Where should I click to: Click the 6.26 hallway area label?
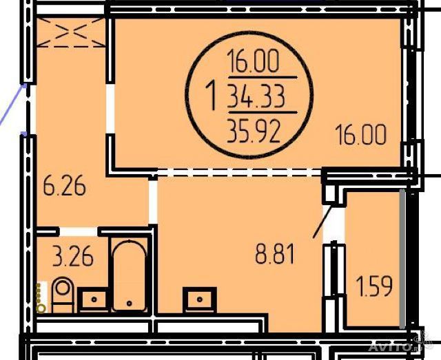click(64, 185)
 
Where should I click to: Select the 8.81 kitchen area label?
click(274, 254)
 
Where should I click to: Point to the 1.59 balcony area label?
click(374, 286)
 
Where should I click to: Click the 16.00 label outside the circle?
click(361, 135)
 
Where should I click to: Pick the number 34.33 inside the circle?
click(256, 97)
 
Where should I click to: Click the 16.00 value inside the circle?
click(254, 61)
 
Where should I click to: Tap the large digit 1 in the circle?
click(212, 95)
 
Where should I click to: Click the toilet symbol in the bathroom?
click(63, 295)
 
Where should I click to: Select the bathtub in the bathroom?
click(130, 275)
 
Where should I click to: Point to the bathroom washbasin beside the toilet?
click(94, 299)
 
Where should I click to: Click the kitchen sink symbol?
click(200, 299)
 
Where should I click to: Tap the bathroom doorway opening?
click(79, 231)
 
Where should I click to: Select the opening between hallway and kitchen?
click(153, 202)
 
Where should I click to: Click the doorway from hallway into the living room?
click(110, 109)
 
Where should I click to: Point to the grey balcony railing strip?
click(402, 258)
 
